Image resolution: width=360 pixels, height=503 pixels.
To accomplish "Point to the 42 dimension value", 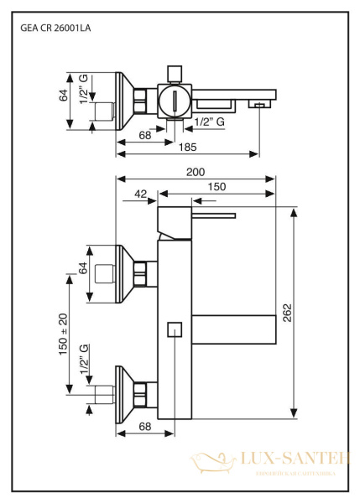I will pos(140,194).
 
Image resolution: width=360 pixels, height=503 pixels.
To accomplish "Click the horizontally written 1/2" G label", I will pos(209,123).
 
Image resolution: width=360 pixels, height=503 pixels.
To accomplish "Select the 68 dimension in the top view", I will pos(144,134).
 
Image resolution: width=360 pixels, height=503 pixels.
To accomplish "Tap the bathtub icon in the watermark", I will pos(206,461).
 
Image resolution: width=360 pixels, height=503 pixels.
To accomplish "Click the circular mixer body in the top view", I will pos(174,103).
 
